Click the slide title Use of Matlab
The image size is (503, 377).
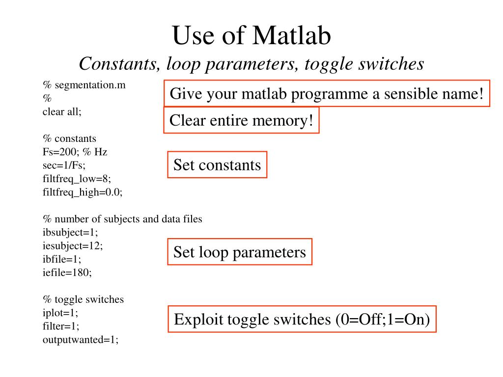pyautogui.click(x=251, y=36)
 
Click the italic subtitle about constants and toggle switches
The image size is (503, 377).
pyautogui.click(x=251, y=63)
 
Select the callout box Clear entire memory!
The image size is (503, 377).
pyautogui.click(x=241, y=120)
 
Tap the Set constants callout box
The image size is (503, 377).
pyautogui.click(x=217, y=164)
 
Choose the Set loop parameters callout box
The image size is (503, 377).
pyautogui.click(x=240, y=252)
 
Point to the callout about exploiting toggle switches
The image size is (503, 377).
pyautogui.click(x=302, y=320)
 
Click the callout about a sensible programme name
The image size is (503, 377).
pyautogui.click(x=327, y=93)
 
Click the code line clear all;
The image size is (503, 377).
pyautogui.click(x=62, y=111)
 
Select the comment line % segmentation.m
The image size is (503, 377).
pyautogui.click(x=84, y=85)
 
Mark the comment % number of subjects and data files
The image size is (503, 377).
pyautogui.click(x=122, y=219)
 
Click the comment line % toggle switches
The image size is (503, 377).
pyautogui.click(x=83, y=299)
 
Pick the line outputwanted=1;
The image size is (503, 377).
pyautogui.click(x=81, y=339)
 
